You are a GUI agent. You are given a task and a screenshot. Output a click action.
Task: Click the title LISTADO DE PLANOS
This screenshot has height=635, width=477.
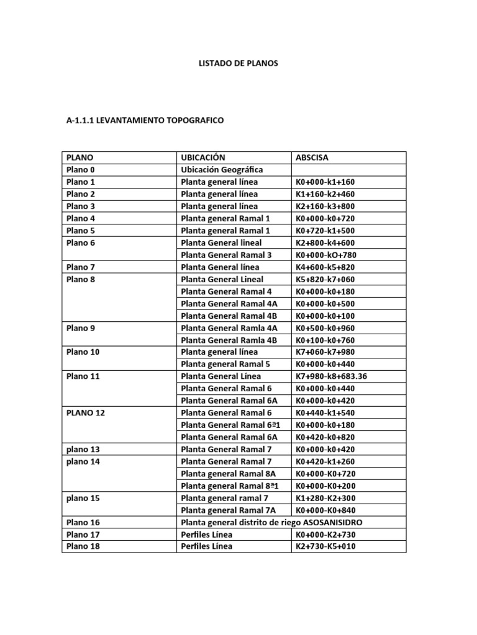click(238, 63)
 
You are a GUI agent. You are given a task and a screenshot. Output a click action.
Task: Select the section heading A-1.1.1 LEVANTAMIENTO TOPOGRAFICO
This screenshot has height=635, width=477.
click(145, 120)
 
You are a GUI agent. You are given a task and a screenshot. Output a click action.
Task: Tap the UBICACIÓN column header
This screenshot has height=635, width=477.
click(202, 158)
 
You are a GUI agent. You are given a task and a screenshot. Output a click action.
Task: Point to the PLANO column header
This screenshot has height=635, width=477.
click(79, 158)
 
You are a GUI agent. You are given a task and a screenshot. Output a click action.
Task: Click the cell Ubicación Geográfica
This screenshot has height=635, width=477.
click(222, 170)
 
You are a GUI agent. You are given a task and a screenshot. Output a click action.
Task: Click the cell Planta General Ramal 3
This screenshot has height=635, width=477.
click(226, 255)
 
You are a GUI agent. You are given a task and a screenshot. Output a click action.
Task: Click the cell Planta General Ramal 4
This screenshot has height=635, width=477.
click(226, 291)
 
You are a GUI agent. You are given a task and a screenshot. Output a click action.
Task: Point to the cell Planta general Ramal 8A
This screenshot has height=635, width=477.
click(228, 474)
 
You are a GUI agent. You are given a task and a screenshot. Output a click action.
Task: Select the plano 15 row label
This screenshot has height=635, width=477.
click(83, 498)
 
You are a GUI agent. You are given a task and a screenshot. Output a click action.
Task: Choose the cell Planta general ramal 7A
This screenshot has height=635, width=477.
click(227, 510)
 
